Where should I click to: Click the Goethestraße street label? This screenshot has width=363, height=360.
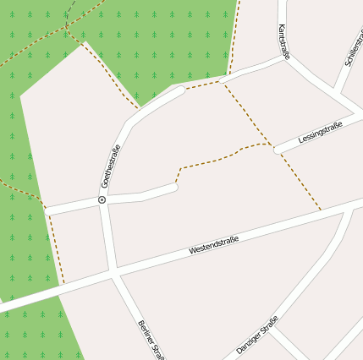pos(110,166)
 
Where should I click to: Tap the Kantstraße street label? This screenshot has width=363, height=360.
pos(283,41)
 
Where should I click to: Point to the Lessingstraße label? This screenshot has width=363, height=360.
pos(321,133)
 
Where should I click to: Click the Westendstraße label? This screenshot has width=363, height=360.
pos(213,245)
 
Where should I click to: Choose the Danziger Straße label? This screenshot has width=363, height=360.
pos(257,334)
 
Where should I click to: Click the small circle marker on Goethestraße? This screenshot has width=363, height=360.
pos(102,200)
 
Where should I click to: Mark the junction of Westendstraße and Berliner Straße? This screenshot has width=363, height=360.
pos(113,271)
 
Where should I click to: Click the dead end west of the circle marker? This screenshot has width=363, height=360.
pos(46,210)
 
